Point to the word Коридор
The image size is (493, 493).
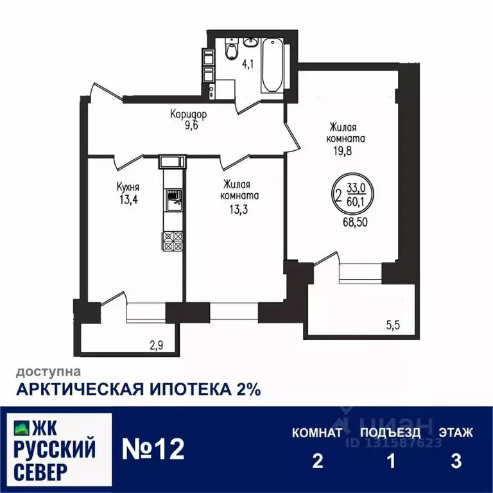[x=188, y=114]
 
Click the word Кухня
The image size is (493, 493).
[x=128, y=187]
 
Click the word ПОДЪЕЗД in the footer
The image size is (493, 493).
[x=390, y=433]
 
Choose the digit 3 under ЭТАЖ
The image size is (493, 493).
[x=456, y=462]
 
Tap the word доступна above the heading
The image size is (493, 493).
[x=49, y=371]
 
